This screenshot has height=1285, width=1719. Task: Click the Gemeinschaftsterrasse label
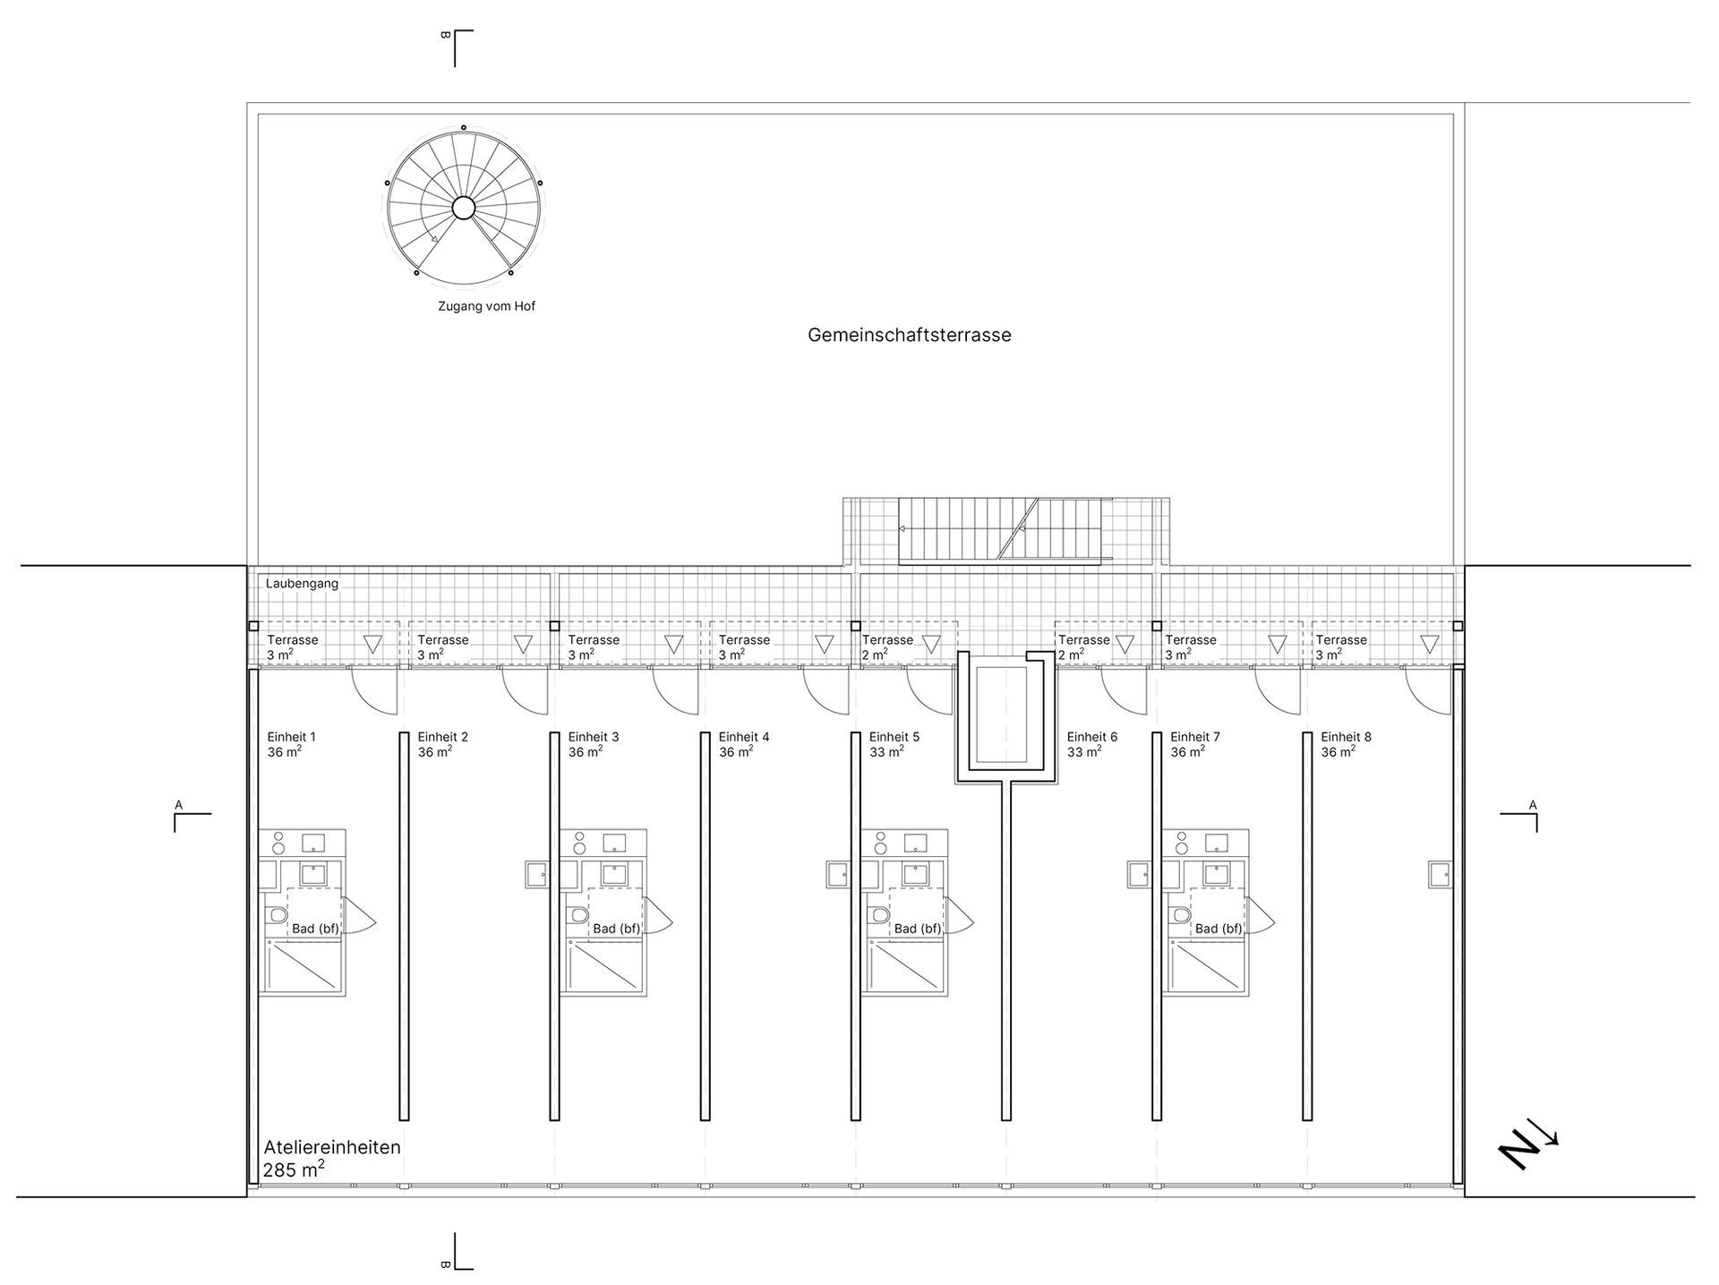click(x=909, y=335)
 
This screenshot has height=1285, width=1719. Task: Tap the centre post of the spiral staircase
click(x=463, y=208)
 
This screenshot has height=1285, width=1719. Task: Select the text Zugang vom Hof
click(x=486, y=306)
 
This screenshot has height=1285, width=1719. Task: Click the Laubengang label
click(x=302, y=584)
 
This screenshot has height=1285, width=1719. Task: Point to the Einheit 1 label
click(x=291, y=737)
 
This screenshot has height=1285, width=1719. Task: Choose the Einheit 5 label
click(x=894, y=737)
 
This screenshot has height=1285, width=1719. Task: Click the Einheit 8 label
click(x=1346, y=737)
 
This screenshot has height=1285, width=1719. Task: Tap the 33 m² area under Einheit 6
click(x=1083, y=752)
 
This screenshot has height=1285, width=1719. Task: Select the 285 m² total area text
click(x=294, y=1169)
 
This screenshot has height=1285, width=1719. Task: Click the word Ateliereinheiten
click(x=332, y=1147)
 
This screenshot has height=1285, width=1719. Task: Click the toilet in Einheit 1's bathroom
click(x=276, y=915)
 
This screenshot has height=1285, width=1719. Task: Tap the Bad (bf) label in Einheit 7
click(x=1219, y=929)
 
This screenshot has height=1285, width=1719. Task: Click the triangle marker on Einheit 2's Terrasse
click(x=523, y=644)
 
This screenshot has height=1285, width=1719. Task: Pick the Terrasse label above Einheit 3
click(x=594, y=640)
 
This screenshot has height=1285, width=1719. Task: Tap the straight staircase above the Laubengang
click(x=999, y=530)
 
